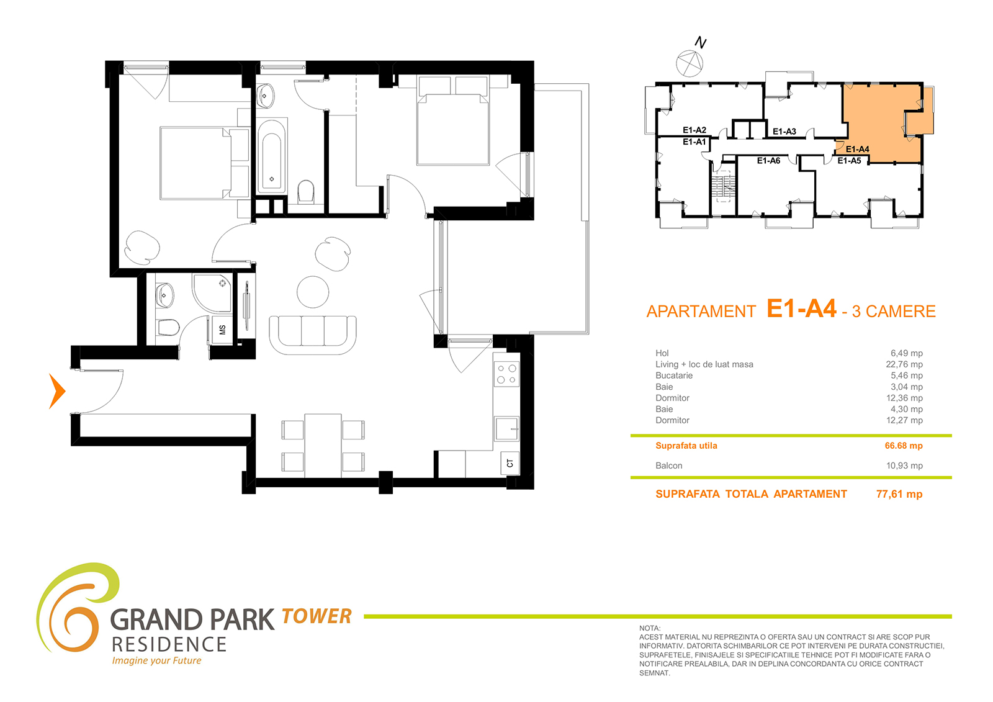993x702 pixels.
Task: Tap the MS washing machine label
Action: (x=223, y=330)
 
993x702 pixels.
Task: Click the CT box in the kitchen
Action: (x=510, y=463)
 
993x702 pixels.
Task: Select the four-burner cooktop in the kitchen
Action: (x=506, y=374)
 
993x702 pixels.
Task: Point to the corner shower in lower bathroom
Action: (x=212, y=293)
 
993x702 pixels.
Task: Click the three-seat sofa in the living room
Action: (x=313, y=335)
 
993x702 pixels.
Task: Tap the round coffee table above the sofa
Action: (x=313, y=292)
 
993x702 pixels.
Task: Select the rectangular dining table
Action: (x=323, y=445)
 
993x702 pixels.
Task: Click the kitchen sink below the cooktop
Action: (x=506, y=428)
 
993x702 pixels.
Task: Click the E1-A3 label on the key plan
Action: (x=784, y=131)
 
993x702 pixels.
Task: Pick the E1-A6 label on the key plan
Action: (x=768, y=161)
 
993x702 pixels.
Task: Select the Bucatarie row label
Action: (x=674, y=375)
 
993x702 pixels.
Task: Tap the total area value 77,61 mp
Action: (x=899, y=494)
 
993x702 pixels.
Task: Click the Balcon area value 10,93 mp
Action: (x=904, y=466)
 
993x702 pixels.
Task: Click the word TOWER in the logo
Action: (x=316, y=616)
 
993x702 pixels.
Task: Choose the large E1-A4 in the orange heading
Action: (x=801, y=308)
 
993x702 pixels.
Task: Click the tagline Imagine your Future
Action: (x=156, y=660)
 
